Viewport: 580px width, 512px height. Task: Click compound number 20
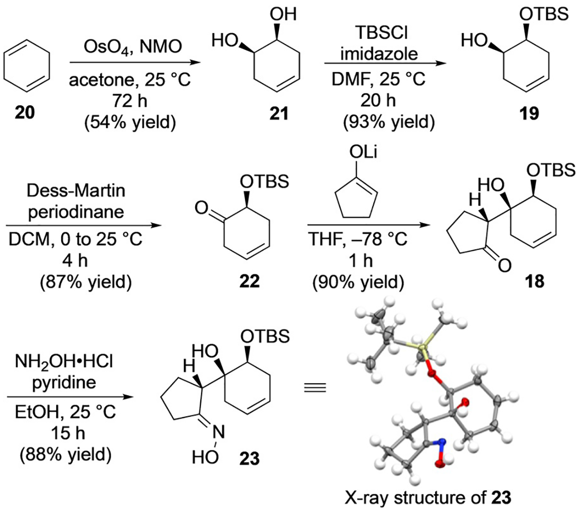tap(25, 112)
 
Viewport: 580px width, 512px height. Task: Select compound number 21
tap(279, 112)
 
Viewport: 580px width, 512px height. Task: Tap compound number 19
tap(529, 112)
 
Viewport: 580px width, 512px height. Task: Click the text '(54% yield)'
tap(130, 123)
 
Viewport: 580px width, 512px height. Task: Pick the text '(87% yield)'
tap(86, 282)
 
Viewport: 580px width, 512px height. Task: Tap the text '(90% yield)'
tap(358, 282)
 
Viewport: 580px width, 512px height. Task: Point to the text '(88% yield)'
tap(66, 454)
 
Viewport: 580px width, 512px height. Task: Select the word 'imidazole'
tap(379, 54)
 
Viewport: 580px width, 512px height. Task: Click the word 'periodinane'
tap(76, 212)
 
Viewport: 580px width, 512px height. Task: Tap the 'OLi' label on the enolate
tap(363, 152)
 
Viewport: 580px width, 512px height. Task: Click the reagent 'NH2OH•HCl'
tap(64, 362)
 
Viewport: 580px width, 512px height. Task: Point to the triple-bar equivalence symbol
tap(315, 387)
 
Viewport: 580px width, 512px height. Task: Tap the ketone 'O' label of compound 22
tap(201, 208)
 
